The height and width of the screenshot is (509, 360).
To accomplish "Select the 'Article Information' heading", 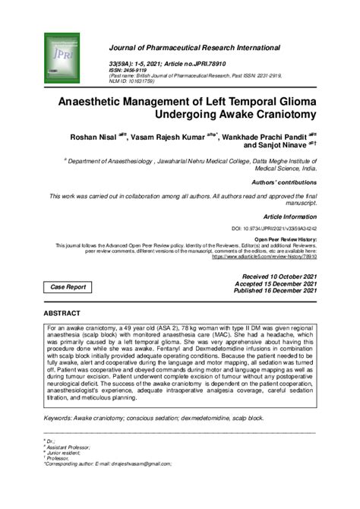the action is (x=289, y=215).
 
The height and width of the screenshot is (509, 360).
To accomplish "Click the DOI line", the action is (x=274, y=228).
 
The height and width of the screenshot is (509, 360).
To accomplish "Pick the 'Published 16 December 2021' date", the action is (x=275, y=290).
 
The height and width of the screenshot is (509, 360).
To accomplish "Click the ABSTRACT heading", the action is (x=66, y=313).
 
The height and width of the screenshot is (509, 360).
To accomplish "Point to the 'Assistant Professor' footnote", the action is (x=68, y=447).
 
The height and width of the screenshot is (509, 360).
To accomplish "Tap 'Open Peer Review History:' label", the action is (x=286, y=239).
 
